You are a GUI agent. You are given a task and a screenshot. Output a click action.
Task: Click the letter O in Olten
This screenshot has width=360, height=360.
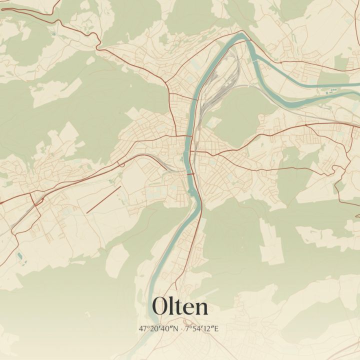pos(161,306)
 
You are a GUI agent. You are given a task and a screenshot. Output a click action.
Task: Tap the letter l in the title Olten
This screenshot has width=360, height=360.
pos(173,305)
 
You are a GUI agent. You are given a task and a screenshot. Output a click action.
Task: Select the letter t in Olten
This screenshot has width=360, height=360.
pos(179,306)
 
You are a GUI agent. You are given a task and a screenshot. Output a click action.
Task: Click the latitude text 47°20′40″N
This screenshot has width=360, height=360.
pos(159,328)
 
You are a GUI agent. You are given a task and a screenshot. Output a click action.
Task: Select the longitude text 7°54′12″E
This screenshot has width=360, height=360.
pos(202,328)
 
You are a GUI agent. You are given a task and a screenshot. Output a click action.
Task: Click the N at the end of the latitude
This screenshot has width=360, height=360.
pos(176,328)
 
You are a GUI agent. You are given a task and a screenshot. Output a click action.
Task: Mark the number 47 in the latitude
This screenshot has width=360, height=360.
pos(143,328)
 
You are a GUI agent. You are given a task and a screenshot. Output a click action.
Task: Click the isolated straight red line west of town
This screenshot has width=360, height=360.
pos(103,199)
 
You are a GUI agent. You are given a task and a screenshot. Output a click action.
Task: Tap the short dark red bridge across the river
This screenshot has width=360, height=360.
pos(190,173)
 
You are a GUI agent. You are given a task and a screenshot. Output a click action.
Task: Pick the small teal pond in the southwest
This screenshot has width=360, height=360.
pos(19,256)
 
